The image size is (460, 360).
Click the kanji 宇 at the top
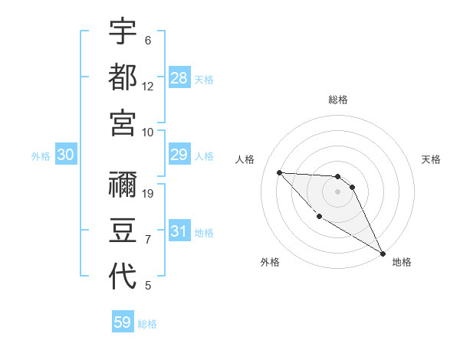123,32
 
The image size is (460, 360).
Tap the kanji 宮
123,122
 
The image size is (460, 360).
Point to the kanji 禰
123,185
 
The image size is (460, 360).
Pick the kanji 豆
123,231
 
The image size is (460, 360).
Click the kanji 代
123,276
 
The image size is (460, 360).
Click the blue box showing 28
179,78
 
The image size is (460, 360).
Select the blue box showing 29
179,155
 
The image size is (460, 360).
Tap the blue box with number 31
179,231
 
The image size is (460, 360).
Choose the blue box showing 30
66,155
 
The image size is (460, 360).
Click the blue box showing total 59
123,322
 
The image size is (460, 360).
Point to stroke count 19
149,194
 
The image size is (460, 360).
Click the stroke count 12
148,86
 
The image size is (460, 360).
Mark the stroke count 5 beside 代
148,286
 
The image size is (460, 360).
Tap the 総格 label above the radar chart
338,100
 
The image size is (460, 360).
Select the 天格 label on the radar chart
431,159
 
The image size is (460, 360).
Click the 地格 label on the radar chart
402,262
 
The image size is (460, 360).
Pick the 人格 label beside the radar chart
245,159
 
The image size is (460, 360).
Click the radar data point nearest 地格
383,254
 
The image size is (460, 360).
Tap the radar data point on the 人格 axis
279,172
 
